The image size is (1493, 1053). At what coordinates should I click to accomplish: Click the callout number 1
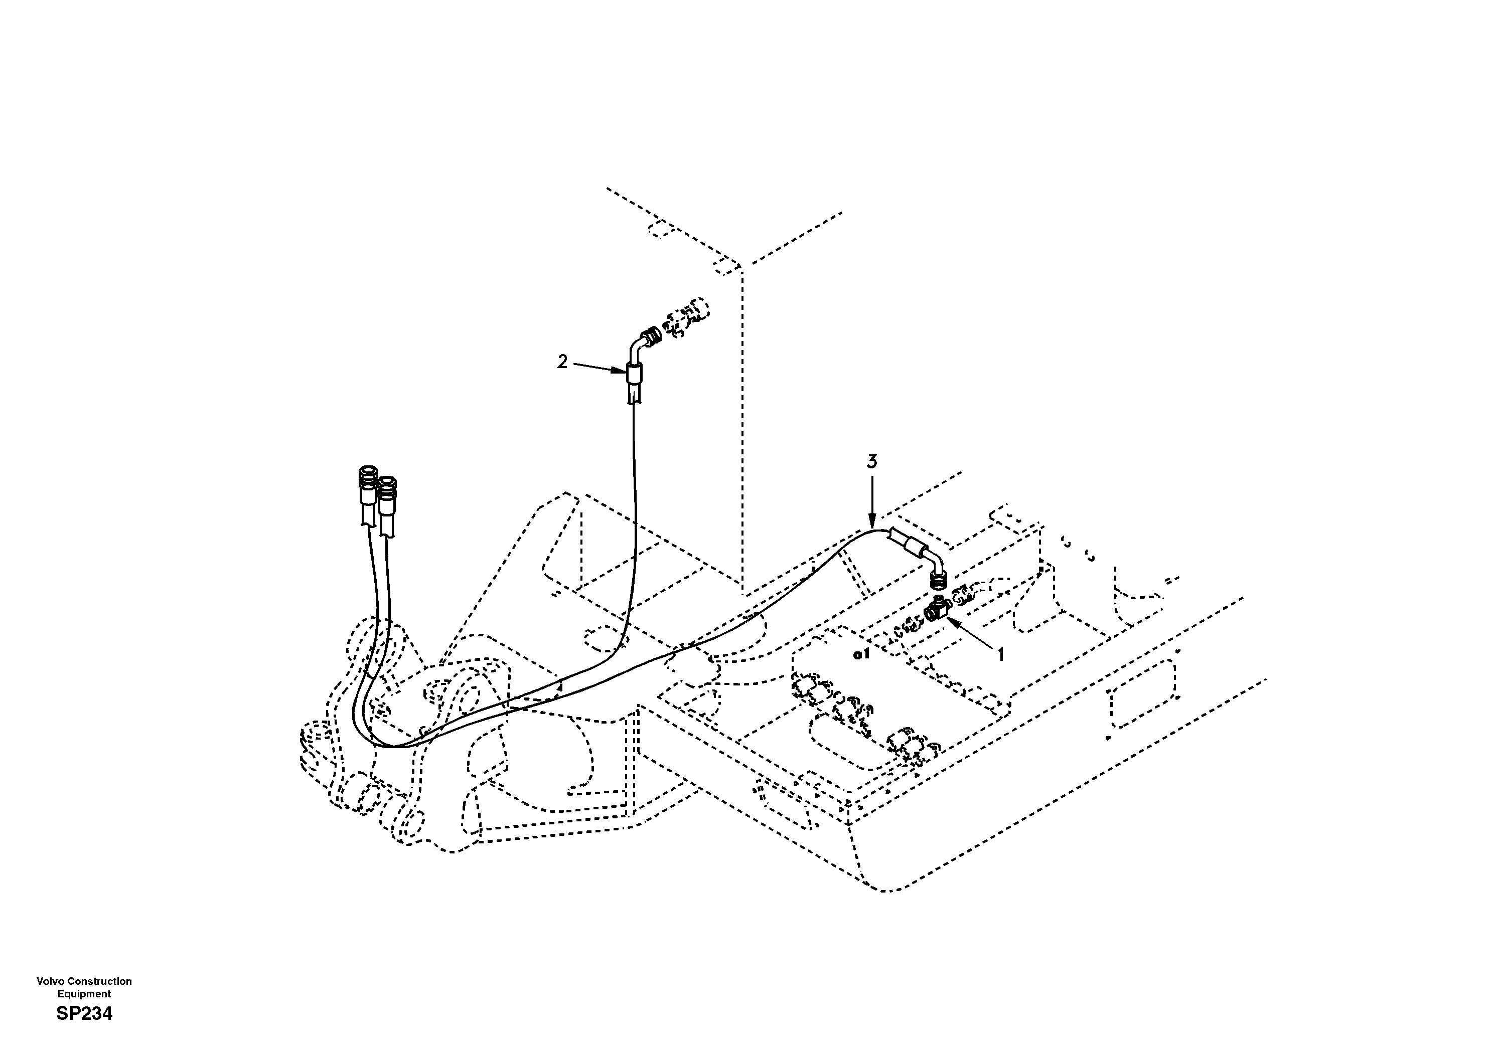(1001, 656)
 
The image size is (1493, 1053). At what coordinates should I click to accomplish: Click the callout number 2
(562, 362)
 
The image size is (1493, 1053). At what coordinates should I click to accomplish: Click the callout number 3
(872, 461)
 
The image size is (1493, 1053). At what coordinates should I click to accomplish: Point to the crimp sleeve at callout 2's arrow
(633, 376)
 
